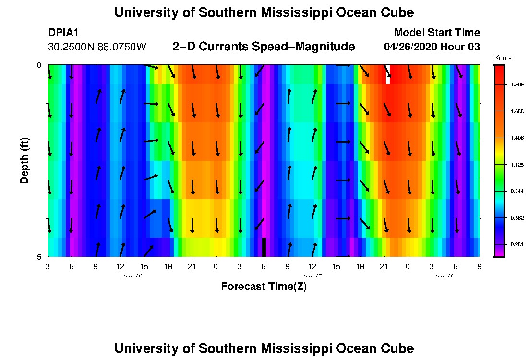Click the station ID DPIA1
pos(63,33)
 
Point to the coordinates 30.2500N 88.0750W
pos(97,47)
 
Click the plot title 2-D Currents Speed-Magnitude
pos(264,47)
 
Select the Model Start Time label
pos(436,33)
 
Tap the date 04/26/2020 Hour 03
pos(432,47)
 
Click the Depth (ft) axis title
pos(25,161)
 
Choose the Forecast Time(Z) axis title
pos(264,287)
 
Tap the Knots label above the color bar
pos(503,58)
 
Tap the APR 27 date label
pos(312,276)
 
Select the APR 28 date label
pos(444,276)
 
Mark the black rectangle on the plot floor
pos(264,247)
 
